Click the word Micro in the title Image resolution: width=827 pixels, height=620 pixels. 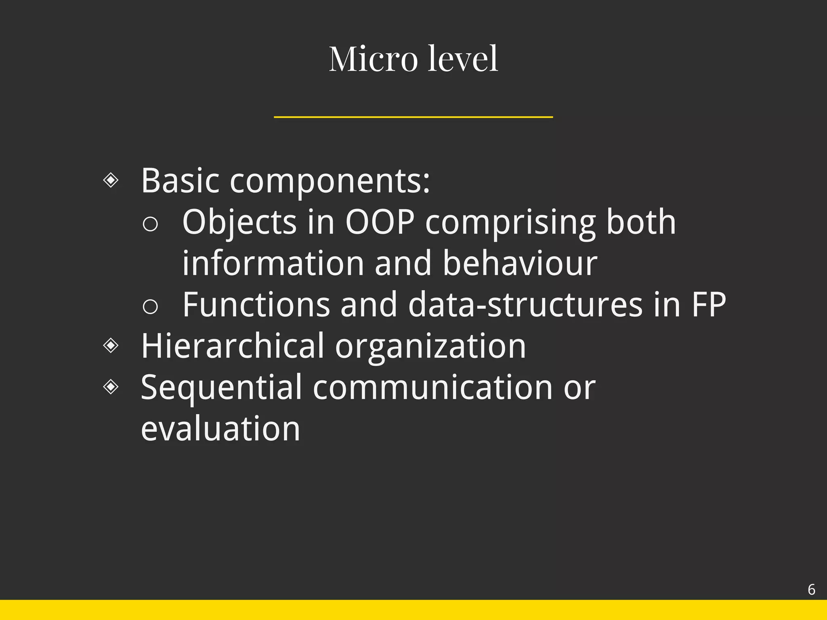coord(373,59)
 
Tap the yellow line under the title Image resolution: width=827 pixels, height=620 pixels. coord(413,117)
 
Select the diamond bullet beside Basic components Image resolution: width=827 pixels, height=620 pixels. coord(111,180)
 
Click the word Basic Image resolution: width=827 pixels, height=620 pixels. coord(180,181)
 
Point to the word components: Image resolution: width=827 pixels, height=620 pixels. coord(330,182)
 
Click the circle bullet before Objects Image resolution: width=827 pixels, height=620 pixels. coord(150,224)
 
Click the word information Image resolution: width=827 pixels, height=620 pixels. coord(273,263)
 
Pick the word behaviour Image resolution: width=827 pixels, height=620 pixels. coord(520,263)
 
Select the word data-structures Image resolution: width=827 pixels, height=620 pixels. coord(525,305)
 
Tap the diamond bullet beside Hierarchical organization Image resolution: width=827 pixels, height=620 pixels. coord(111,346)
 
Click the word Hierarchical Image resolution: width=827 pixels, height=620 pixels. coord(233,346)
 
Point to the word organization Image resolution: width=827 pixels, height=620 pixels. coord(430,347)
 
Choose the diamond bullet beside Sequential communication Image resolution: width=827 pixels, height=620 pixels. coord(111,387)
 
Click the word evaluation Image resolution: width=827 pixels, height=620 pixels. coord(220,429)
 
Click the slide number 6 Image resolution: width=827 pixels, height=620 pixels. coord(811,590)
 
